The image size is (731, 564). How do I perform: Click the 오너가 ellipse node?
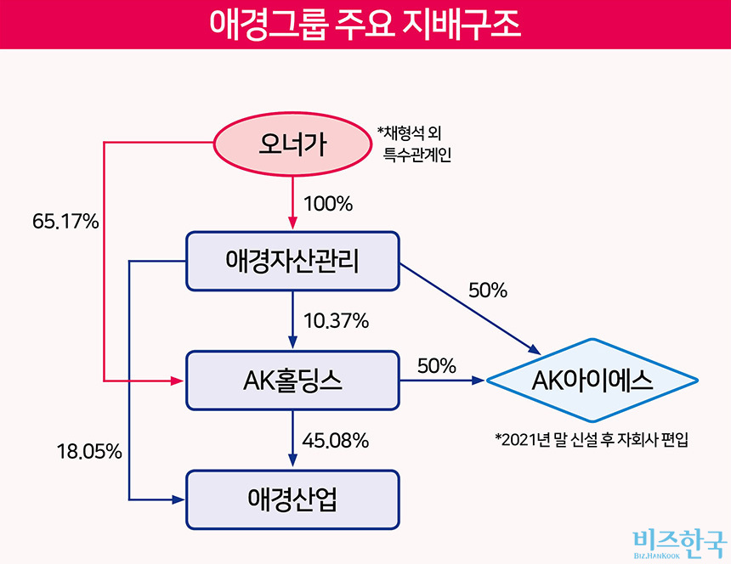pos(292,144)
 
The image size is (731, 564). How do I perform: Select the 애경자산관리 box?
pos(292,262)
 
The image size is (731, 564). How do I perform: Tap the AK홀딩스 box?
pos(292,381)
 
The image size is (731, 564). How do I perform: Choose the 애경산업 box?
pos(292,499)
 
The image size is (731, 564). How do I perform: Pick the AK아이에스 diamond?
pos(592,381)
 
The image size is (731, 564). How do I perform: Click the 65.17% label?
pos(65,221)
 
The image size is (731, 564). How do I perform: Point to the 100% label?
pos(328,204)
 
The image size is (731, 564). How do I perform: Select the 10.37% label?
pos(336,321)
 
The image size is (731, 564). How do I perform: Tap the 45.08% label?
pos(336,441)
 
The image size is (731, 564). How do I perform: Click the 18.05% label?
pos(89,451)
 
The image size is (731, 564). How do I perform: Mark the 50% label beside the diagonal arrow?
pos(488,290)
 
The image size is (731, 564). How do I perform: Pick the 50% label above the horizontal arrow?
pos(436,366)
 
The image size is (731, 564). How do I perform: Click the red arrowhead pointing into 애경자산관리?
pos(292,223)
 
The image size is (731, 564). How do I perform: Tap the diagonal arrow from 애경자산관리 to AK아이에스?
pos(470,309)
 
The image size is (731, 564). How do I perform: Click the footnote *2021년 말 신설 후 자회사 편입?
pos(592,439)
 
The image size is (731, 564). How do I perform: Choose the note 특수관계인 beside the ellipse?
pos(416,154)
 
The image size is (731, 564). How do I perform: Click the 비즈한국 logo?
pos(679,544)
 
